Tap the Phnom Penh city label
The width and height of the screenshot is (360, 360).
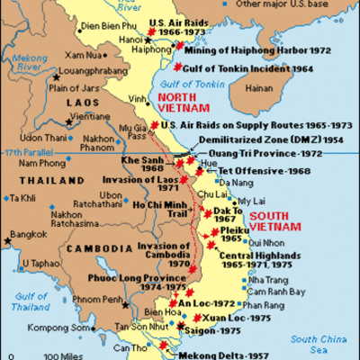point(103,298)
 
